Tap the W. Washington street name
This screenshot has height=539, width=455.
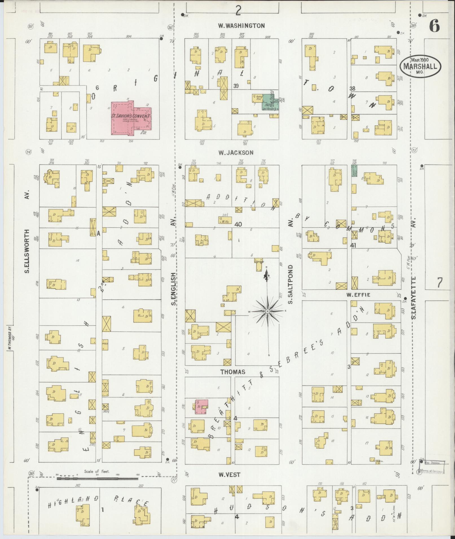(241, 26)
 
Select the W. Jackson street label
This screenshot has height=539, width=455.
(236, 153)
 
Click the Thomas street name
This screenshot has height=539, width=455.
(233, 372)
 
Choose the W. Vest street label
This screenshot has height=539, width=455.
(229, 475)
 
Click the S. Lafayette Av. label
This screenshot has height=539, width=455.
(414, 299)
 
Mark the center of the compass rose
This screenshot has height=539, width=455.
(267, 311)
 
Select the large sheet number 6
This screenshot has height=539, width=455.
(434, 26)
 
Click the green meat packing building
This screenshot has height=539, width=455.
(270, 102)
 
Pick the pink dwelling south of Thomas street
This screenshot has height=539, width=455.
(202, 407)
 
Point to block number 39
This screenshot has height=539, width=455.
(236, 86)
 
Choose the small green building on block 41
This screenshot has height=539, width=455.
(353, 171)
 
